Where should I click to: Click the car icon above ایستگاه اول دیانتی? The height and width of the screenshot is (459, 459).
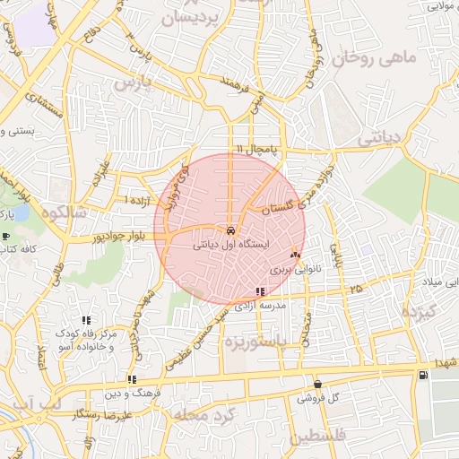tap(231, 228)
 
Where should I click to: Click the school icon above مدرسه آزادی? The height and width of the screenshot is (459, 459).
tap(260, 291)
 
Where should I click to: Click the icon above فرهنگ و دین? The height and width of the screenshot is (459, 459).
tap(132, 379)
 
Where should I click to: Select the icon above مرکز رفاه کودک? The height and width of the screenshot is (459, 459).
tap(86, 320)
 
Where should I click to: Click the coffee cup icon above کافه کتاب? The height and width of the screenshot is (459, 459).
tap(6, 238)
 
